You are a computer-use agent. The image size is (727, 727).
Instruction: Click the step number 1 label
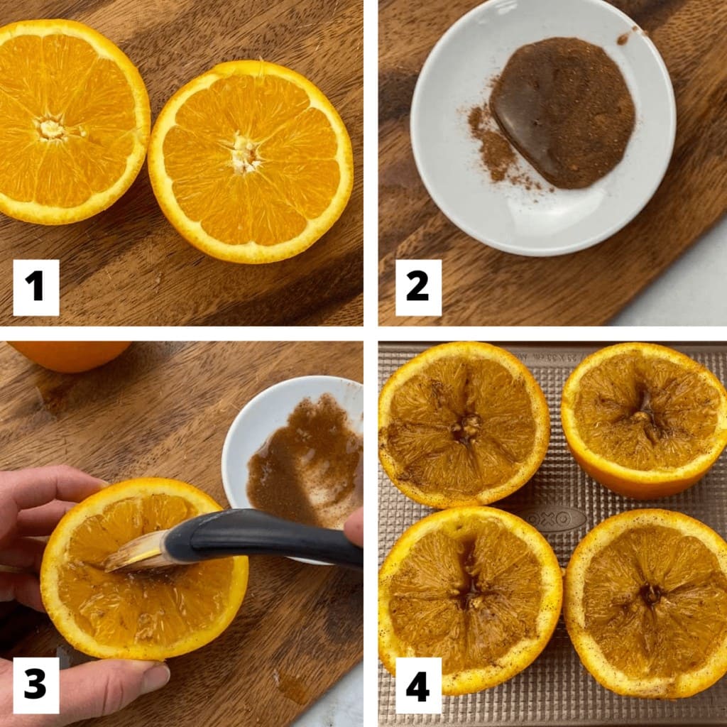pos(35,287)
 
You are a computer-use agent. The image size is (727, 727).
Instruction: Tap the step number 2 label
pos(418,287)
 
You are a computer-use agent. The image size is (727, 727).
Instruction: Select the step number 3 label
pos(35,685)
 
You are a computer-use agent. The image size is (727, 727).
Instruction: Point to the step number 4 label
pos(418,685)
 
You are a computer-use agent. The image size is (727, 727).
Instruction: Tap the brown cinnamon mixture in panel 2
pos(564,114)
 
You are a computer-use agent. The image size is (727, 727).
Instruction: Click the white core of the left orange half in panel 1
pos(50,129)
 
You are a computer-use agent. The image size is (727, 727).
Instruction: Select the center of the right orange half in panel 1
pos(245,153)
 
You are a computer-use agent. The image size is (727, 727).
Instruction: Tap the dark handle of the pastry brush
pos(263,537)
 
